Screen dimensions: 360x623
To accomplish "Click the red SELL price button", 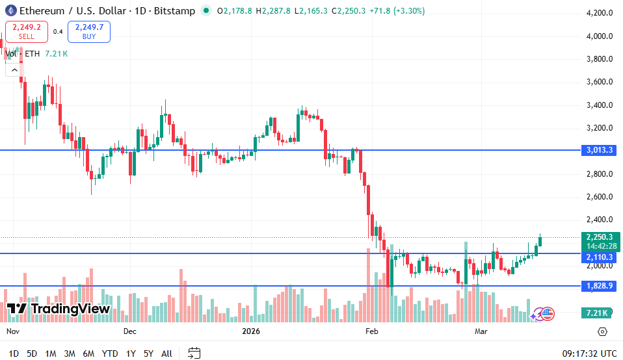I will (x=26, y=31).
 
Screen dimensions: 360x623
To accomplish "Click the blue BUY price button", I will (x=89, y=31).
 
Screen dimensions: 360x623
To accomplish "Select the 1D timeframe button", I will (x=14, y=354).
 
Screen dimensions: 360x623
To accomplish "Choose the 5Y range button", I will (x=148, y=354).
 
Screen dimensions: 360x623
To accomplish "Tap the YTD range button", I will (x=110, y=354).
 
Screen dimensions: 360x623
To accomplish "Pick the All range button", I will (x=166, y=354).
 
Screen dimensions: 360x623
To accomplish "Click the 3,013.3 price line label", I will (x=600, y=150).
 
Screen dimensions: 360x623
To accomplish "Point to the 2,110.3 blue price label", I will (x=600, y=257).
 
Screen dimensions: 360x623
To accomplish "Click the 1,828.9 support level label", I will (x=600, y=286).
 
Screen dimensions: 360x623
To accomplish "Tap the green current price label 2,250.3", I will (x=600, y=237).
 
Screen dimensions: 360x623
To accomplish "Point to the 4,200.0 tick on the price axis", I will (x=599, y=13).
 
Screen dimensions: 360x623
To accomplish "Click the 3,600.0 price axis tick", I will (x=599, y=82).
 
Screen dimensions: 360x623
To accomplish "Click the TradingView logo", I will (x=59, y=309).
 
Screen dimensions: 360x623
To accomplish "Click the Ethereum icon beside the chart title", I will (x=10, y=10).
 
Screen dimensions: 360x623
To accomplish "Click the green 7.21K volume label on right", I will (x=596, y=313).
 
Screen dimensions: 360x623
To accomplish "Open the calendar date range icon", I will (x=194, y=354).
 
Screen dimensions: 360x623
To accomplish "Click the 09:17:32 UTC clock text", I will (x=589, y=354).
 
